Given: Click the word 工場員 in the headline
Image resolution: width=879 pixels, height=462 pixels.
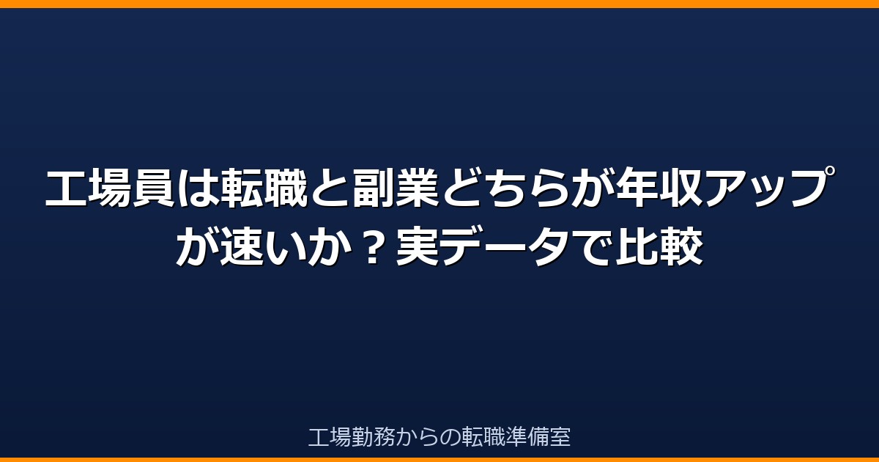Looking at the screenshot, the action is pyautogui.click(x=110, y=188).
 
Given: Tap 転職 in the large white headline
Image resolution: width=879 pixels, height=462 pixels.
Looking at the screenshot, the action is pyautogui.click(x=264, y=188).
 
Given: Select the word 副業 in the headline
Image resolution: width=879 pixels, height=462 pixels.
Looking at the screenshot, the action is pyautogui.click(x=396, y=188).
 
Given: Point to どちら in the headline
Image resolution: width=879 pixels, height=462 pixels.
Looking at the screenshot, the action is pyautogui.click(x=506, y=188).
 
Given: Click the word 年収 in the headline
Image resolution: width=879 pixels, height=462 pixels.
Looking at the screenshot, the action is pyautogui.click(x=659, y=188).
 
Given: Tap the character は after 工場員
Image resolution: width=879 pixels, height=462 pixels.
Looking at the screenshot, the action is pyautogui.click(x=198, y=188).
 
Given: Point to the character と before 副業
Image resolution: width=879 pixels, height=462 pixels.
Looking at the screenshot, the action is pyautogui.click(x=330, y=188).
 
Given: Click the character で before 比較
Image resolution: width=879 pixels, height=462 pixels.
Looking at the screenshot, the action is pyautogui.click(x=593, y=246).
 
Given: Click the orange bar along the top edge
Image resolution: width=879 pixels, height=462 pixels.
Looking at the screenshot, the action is pyautogui.click(x=439, y=4).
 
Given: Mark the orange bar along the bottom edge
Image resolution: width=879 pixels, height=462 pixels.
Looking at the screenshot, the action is pyautogui.click(x=439, y=460).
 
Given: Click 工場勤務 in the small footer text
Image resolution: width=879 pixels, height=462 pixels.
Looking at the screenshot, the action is pyautogui.click(x=352, y=436).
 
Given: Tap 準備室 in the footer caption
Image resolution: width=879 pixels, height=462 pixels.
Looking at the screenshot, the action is pyautogui.click(x=538, y=436).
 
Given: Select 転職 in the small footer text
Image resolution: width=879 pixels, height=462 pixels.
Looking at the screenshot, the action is pyautogui.click(x=483, y=436).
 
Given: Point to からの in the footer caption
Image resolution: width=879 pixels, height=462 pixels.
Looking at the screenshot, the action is pyautogui.click(x=428, y=436).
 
